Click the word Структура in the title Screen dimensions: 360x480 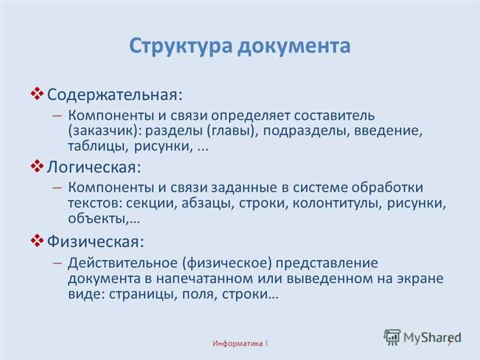tap(182, 46)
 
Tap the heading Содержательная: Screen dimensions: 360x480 tap(115, 94)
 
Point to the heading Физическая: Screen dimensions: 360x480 tap(95, 241)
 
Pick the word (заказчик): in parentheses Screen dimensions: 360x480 tap(105, 131)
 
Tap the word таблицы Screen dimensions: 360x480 tap(98, 147)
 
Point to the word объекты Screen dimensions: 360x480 tap(99, 218)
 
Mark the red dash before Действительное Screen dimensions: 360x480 tap(56, 263)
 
